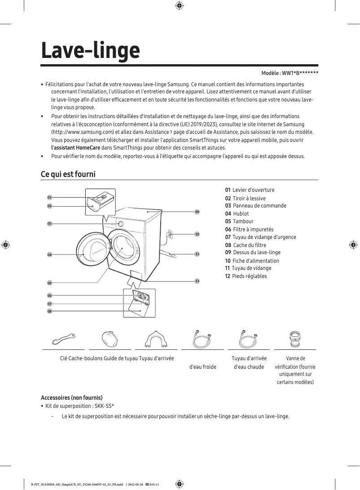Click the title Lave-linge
click(x=90, y=50)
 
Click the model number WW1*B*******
click(x=300, y=73)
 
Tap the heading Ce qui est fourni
click(x=68, y=174)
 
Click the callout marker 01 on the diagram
click(x=49, y=197)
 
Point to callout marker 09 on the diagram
click(x=197, y=212)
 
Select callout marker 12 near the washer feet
click(x=197, y=281)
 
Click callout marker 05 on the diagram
click(x=49, y=283)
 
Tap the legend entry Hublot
click(x=241, y=214)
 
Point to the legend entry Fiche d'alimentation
click(x=255, y=261)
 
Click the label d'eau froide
click(x=203, y=367)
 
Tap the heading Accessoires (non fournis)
click(x=72, y=398)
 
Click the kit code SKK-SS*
click(x=104, y=406)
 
